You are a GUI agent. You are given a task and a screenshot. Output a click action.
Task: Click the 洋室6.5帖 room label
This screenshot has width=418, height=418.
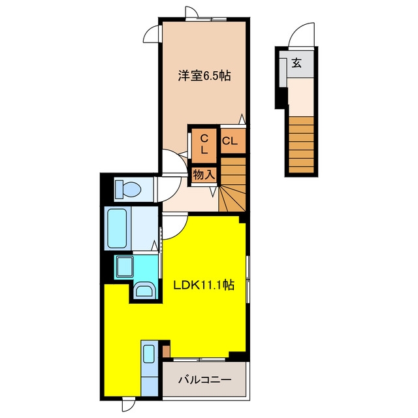(204, 76)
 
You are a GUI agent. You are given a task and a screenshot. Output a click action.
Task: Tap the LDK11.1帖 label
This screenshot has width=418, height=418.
(204, 285)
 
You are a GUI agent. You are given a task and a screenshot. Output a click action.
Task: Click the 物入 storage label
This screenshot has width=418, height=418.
(204, 174)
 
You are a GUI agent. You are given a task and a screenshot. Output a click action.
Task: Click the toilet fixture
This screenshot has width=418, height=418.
(128, 189)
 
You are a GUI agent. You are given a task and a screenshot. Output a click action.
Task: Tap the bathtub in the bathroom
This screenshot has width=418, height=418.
(117, 229)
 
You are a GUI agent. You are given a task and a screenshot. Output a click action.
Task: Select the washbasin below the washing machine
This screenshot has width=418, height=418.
(144, 290)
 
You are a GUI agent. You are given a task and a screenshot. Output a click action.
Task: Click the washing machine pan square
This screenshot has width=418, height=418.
(124, 266)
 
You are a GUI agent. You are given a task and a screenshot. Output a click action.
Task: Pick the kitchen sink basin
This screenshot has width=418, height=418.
(148, 354)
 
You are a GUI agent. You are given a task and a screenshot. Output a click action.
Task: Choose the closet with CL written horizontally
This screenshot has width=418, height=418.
(233, 141)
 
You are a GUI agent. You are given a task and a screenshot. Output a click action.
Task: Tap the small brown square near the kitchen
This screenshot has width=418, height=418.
(166, 351)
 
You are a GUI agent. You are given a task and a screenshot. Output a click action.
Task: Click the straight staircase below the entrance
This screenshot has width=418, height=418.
(301, 144)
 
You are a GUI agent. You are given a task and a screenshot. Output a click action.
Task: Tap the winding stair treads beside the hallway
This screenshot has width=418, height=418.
(233, 185)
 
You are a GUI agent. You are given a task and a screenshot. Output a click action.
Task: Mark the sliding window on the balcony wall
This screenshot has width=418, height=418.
(199, 359)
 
